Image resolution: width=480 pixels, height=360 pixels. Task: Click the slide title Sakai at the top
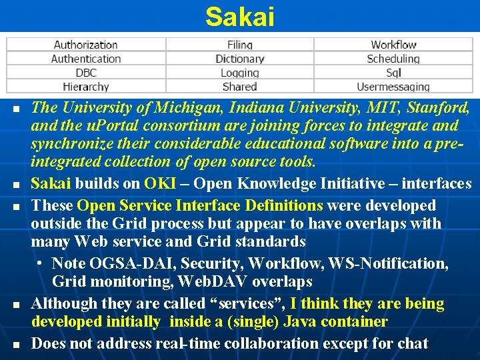click(x=239, y=17)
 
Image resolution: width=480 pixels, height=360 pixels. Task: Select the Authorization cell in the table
click(x=85, y=45)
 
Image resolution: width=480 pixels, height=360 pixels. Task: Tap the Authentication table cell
click(x=85, y=59)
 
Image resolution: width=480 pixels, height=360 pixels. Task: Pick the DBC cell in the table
click(x=85, y=73)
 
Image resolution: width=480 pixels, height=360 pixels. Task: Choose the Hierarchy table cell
click(x=85, y=87)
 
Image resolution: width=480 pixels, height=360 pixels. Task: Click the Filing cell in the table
click(x=239, y=45)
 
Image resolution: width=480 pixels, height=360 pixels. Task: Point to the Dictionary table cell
click(x=239, y=59)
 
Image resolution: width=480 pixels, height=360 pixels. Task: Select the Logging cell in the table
click(x=239, y=73)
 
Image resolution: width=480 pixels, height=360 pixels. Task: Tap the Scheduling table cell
click(x=393, y=59)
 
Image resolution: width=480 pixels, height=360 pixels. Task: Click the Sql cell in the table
click(x=393, y=73)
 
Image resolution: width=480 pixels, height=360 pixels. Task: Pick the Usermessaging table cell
click(x=393, y=87)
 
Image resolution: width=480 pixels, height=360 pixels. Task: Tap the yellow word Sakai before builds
click(x=51, y=183)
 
